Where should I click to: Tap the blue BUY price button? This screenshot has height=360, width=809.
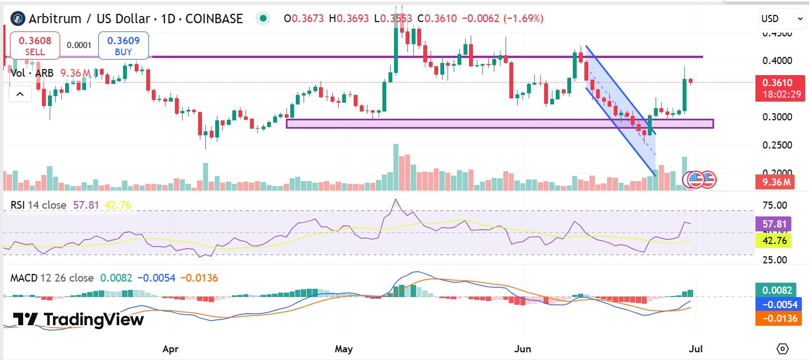[x=123, y=45]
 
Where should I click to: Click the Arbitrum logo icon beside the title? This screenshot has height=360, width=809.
[x=18, y=19]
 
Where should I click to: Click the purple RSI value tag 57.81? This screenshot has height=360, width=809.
[x=773, y=224]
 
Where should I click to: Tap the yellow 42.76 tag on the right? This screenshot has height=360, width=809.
[x=773, y=240]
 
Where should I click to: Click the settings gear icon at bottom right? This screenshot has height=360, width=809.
[x=783, y=348]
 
